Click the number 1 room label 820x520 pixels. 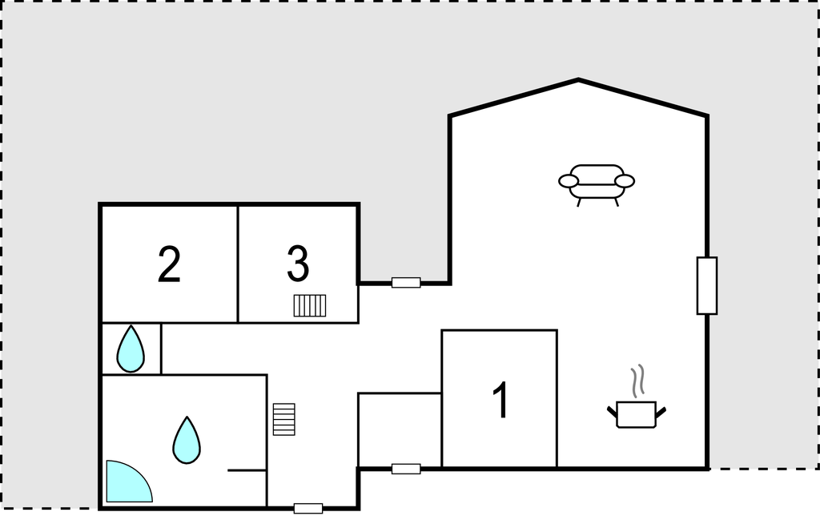(501, 400)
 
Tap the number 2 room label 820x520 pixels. (169, 264)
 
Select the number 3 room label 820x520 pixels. (298, 264)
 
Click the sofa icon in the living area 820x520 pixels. (596, 185)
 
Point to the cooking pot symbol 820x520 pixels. (637, 414)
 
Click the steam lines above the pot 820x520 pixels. (637, 381)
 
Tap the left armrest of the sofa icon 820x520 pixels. (569, 181)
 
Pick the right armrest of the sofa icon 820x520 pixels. (625, 181)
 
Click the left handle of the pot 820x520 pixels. (613, 412)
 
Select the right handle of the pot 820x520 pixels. (661, 412)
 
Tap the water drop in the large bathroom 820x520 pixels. (187, 441)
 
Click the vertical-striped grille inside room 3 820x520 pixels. (310, 305)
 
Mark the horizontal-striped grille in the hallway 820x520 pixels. (284, 419)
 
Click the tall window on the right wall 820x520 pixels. (707, 285)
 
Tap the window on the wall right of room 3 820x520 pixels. (406, 283)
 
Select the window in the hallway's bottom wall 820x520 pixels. (308, 508)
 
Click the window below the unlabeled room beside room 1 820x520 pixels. (406, 469)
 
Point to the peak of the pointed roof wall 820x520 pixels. (578, 79)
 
